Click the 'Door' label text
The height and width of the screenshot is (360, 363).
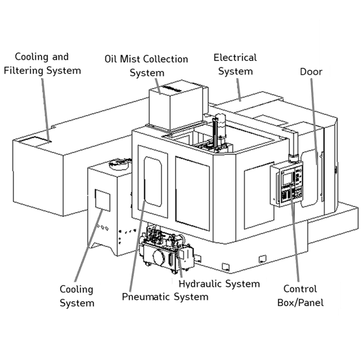click(311, 72)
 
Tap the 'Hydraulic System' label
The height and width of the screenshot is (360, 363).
click(219, 284)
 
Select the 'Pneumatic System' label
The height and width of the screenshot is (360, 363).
click(165, 297)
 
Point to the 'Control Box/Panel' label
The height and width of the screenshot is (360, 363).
click(301, 296)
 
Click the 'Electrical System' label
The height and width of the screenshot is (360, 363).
click(235, 65)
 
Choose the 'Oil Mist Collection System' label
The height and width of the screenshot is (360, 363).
click(146, 66)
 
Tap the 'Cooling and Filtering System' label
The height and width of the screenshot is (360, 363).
click(42, 64)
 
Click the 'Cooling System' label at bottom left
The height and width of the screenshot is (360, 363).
click(77, 296)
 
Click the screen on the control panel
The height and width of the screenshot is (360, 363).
click(287, 178)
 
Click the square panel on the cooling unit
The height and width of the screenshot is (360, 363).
click(102, 200)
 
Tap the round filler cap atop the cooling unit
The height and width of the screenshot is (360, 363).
click(119, 164)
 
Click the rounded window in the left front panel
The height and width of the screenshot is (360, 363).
click(153, 182)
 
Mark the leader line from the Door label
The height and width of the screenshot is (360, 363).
click(314, 121)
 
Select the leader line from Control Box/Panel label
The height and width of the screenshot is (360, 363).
click(295, 232)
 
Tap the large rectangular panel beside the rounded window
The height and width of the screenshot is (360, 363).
click(192, 193)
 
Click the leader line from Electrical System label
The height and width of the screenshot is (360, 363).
click(239, 90)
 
